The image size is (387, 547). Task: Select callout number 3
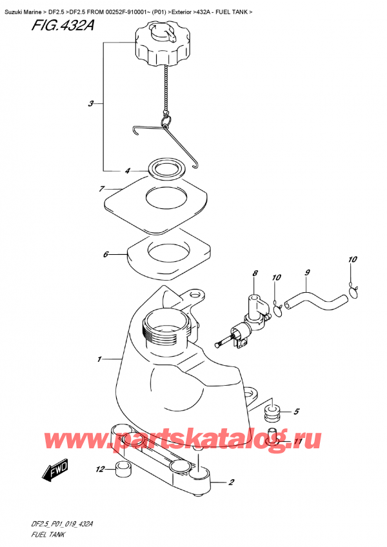[92, 103]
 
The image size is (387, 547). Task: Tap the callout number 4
[127, 171]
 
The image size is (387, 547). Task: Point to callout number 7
[101, 189]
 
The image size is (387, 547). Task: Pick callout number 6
[105, 254]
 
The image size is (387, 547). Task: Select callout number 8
[255, 273]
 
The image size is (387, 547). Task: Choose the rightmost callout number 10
[352, 260]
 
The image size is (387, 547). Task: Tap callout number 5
[296, 411]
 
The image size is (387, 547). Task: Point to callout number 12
[100, 469]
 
